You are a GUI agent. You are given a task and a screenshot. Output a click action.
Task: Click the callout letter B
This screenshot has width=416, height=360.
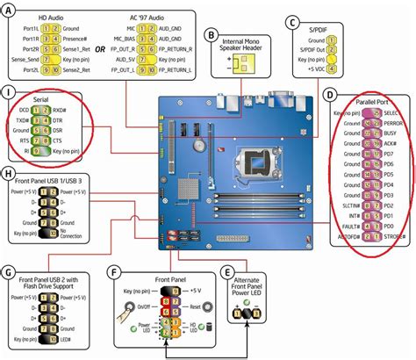[211, 35]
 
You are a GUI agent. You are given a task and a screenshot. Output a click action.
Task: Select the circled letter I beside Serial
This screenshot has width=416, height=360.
[10, 92]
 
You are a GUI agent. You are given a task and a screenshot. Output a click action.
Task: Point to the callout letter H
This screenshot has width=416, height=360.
[10, 176]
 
